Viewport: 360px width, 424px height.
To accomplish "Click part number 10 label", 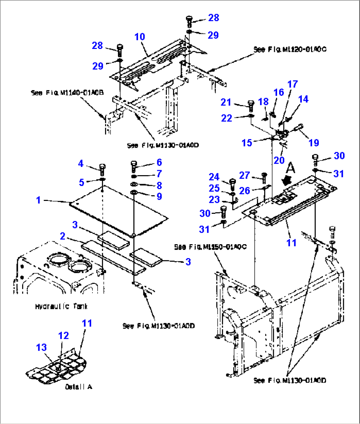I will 140,36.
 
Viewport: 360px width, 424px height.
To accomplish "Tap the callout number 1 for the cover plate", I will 38,200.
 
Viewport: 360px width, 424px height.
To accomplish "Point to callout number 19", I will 313,142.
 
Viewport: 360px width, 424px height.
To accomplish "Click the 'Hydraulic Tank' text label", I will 61,306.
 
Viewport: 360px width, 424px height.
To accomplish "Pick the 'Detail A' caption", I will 79,387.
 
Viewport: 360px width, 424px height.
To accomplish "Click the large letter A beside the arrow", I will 290,168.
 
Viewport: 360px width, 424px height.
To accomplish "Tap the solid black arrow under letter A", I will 286,180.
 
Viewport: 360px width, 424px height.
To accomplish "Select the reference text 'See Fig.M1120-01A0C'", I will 290,49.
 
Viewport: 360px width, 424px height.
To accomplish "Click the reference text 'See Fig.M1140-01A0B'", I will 67,93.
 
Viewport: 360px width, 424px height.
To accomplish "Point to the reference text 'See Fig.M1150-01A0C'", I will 210,247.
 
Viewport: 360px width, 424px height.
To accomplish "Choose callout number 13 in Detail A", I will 42,347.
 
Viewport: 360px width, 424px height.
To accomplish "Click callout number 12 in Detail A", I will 63,335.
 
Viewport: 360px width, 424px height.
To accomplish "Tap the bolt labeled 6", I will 134,166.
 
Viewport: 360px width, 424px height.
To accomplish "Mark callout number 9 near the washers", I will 159,196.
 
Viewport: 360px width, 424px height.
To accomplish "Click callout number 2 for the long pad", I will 62,236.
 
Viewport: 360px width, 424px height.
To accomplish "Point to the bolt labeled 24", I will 232,183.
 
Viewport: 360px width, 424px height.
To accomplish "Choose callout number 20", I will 279,160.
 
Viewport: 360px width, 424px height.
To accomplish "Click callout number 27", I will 244,175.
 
